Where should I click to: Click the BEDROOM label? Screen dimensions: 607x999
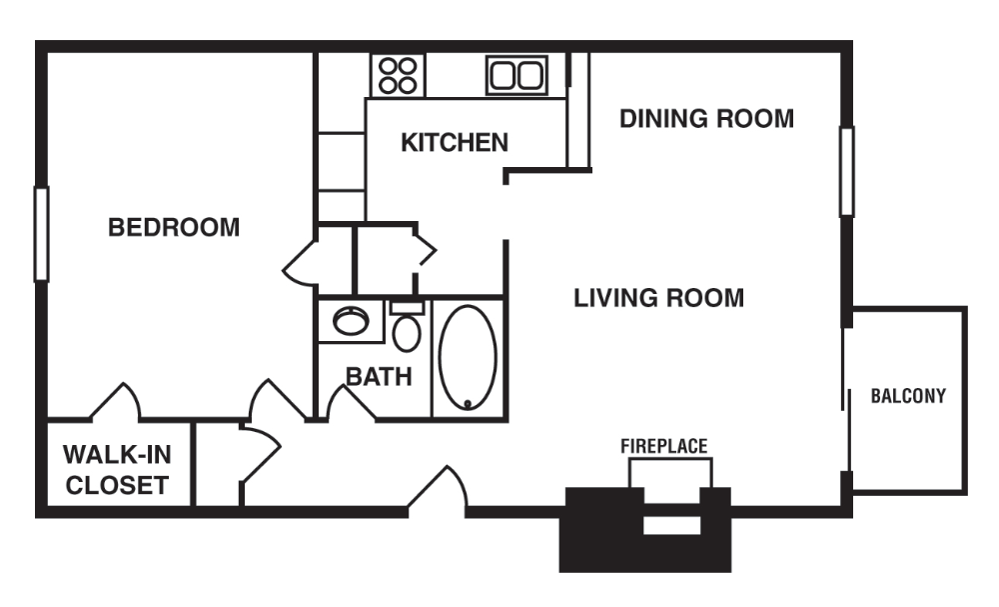(x=174, y=227)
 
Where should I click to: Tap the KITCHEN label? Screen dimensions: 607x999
(x=455, y=143)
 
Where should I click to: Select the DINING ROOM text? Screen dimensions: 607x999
(x=706, y=119)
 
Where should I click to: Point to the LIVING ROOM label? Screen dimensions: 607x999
(x=658, y=298)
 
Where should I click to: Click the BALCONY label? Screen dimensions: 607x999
(x=908, y=396)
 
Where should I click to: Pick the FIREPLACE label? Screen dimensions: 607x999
(x=663, y=446)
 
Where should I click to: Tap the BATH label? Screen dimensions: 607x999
(x=379, y=377)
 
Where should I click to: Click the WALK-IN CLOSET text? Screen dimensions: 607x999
(x=117, y=471)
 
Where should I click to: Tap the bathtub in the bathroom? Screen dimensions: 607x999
(x=468, y=358)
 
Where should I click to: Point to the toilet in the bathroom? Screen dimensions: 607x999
(x=407, y=328)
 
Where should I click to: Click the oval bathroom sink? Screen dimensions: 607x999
(x=351, y=321)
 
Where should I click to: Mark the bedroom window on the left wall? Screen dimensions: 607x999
(x=41, y=234)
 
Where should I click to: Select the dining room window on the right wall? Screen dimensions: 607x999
(x=846, y=171)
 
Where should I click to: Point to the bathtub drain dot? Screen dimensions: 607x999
(x=468, y=404)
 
